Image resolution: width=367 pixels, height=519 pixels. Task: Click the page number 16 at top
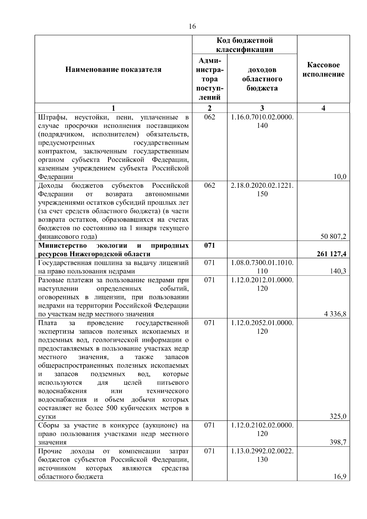click(192, 26)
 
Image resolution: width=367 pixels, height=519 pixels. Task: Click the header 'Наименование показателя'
click(113, 70)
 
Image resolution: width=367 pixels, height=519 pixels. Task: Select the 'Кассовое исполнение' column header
click(323, 70)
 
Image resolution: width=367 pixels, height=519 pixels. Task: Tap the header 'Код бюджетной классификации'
click(245, 45)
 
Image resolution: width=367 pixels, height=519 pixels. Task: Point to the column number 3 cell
click(262, 108)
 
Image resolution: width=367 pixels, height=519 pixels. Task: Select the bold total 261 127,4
click(331, 254)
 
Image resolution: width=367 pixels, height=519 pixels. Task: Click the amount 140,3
click(338, 271)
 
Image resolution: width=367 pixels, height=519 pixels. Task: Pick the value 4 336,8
click(335, 314)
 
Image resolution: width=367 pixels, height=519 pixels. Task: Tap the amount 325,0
click(338, 416)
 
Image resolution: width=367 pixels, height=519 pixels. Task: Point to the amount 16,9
click(340, 476)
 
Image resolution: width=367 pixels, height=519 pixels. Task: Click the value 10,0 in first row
click(340, 176)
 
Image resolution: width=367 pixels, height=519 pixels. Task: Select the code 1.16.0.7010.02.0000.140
click(262, 121)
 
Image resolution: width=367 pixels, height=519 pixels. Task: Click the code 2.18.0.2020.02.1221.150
click(262, 190)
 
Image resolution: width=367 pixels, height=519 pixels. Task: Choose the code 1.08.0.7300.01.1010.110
click(262, 267)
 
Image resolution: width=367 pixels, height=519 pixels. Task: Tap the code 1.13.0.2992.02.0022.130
click(262, 455)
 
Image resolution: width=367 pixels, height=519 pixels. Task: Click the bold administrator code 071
click(209, 246)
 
